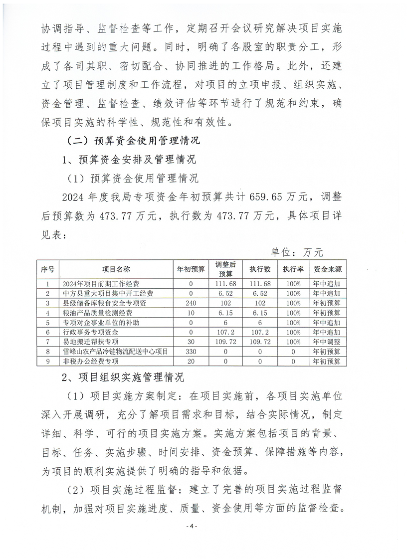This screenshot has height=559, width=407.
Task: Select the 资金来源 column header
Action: pos(327,269)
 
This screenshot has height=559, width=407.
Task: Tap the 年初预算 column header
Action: pos(191,269)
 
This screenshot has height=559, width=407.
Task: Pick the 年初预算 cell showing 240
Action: pos(191,303)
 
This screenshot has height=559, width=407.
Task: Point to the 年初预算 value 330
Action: pos(191,352)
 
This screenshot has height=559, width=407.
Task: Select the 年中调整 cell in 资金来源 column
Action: pos(327,342)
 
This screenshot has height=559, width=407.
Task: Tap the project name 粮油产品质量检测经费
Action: pos(90,313)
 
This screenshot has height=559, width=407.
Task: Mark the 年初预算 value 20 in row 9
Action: pos(191,361)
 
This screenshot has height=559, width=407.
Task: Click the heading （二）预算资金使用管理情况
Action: pos(133,140)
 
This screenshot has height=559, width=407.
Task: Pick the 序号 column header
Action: pos(47,269)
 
